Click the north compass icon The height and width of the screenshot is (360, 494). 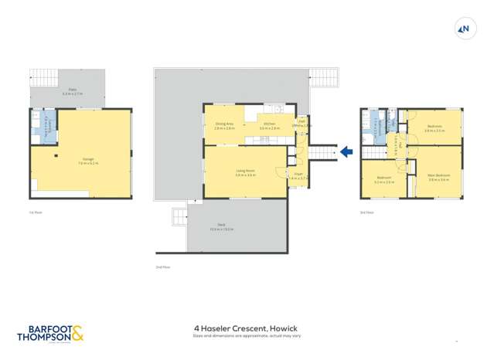point(464,30)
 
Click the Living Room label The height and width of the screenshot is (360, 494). point(245,171)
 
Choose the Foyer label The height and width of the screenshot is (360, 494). point(298,175)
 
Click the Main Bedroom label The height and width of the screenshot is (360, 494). point(438,175)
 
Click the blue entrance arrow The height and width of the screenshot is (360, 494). point(346,152)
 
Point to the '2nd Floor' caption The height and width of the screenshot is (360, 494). point(162,267)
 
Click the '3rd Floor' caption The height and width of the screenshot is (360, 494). point(366,211)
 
